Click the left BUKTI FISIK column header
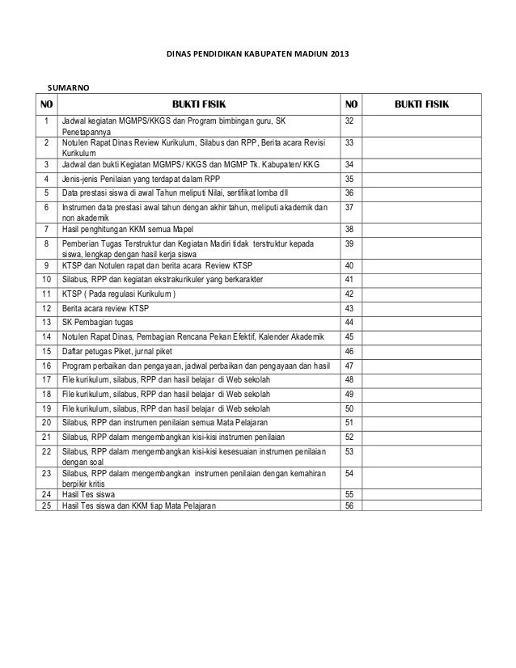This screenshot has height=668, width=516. click(x=197, y=104)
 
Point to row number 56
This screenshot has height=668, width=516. click(x=349, y=505)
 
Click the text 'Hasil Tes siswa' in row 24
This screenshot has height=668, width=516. click(x=89, y=493)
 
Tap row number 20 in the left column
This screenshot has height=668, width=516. click(x=46, y=421)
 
